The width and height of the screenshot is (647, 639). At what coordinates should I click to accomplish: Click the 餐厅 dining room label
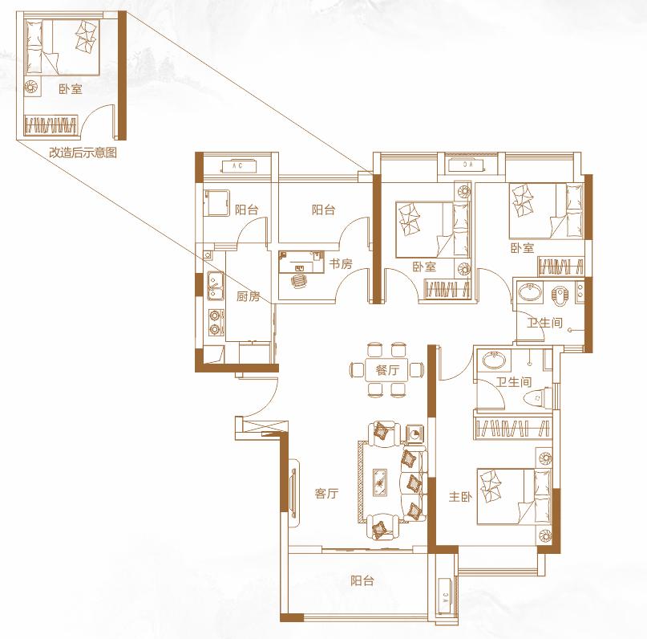point(386,370)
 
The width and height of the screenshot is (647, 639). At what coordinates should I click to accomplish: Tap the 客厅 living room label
point(326,493)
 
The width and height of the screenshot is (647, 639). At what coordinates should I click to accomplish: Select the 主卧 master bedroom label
point(460,496)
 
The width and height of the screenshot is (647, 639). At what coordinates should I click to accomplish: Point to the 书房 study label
point(341,263)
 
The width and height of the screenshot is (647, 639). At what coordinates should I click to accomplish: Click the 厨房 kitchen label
point(248,296)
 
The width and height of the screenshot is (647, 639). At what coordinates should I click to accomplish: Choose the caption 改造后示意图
point(83,153)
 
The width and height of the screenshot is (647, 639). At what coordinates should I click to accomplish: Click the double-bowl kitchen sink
point(216,286)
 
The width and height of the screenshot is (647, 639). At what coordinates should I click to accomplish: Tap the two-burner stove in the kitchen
point(216,322)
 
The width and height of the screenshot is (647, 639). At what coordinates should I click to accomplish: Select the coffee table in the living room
point(379,482)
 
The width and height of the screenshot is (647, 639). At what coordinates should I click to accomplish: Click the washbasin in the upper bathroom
point(531,292)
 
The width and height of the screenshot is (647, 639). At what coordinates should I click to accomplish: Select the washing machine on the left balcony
point(216,203)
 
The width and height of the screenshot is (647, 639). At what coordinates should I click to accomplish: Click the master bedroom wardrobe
point(513,428)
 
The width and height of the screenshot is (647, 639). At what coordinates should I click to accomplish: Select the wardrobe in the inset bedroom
point(51,124)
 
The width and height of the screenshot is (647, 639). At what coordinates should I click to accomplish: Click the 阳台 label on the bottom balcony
point(362,580)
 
